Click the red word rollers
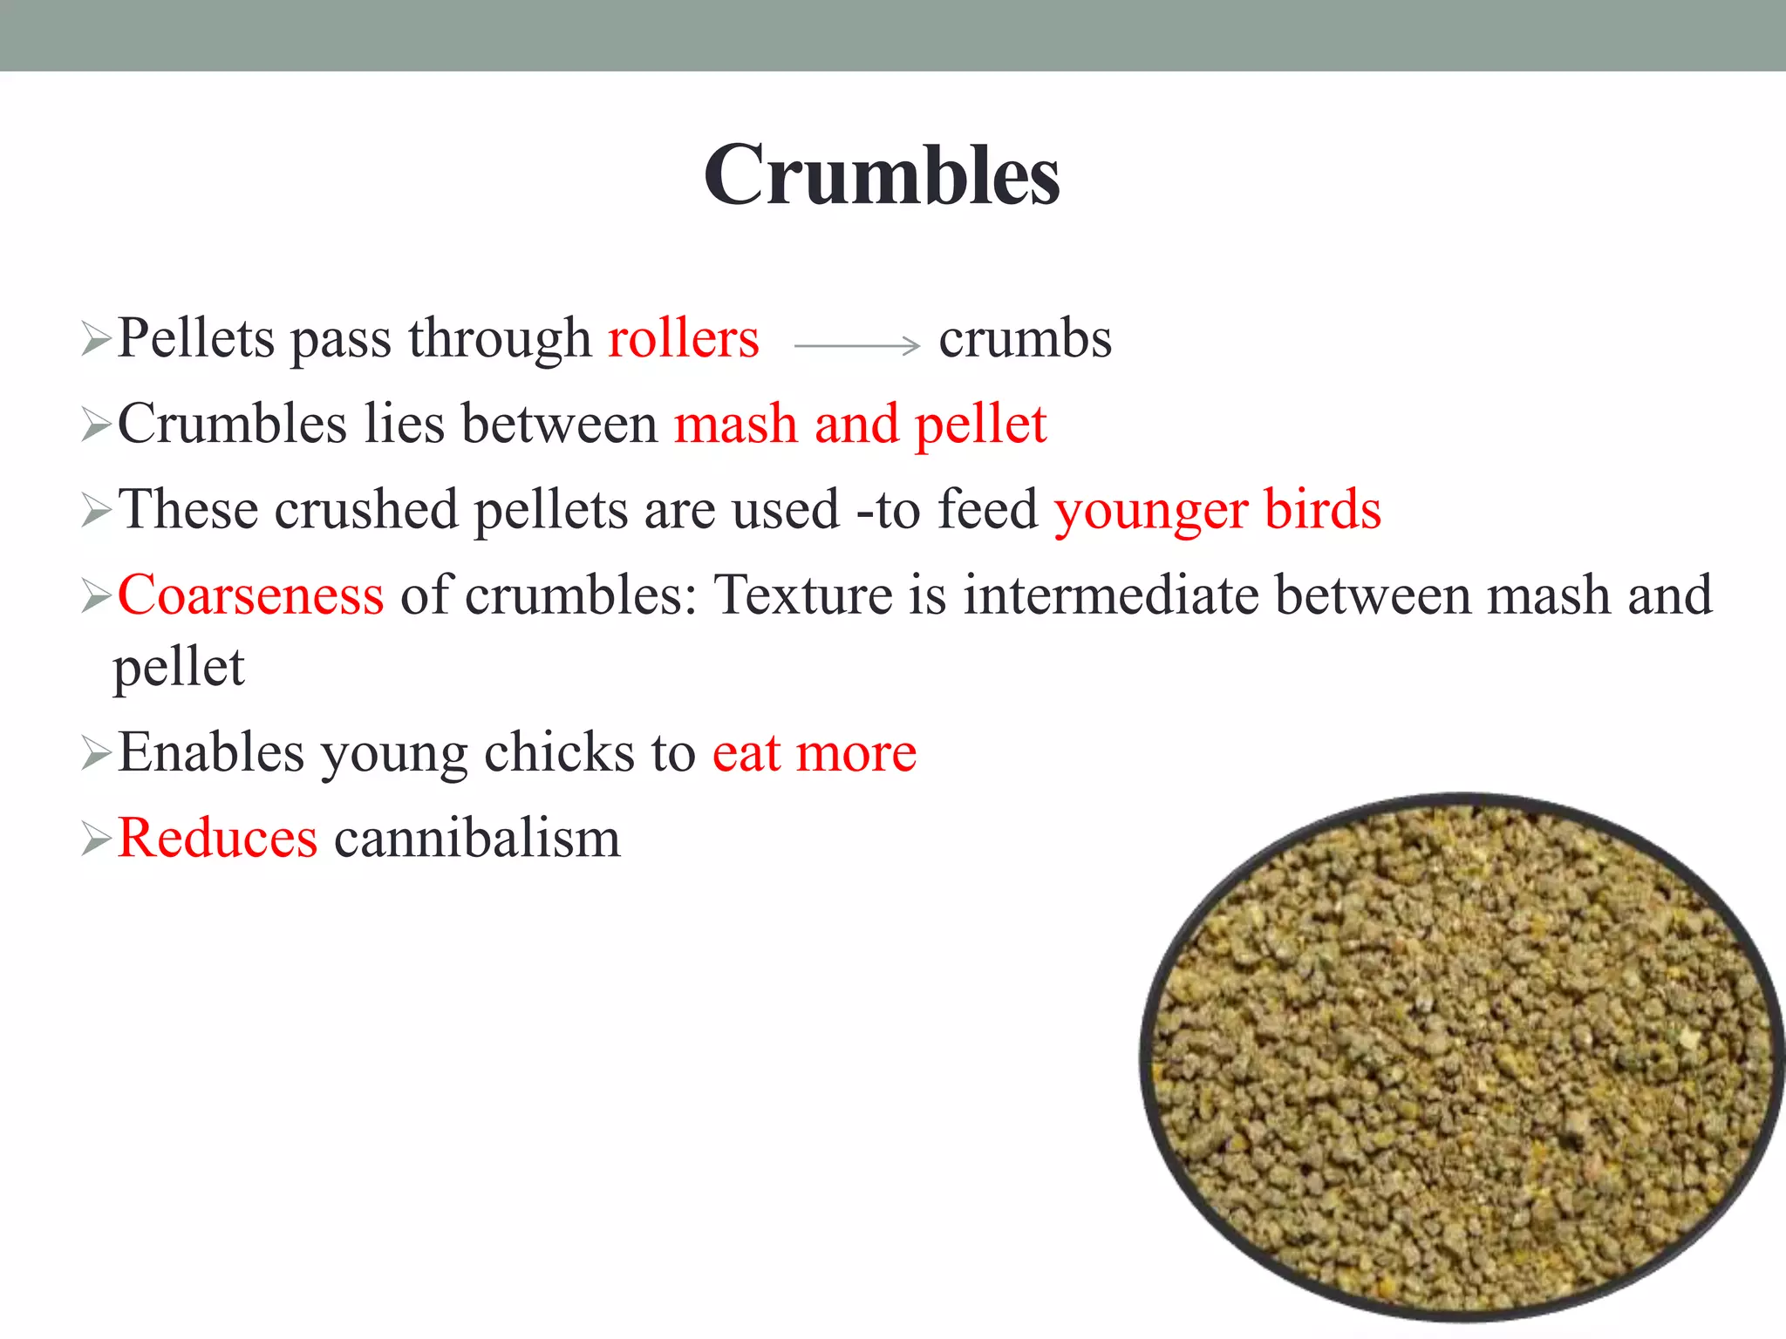pyautogui.click(x=683, y=338)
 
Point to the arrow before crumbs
pyautogui.click(x=856, y=346)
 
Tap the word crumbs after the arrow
pyautogui.click(x=1025, y=338)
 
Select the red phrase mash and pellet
pyautogui.click(x=860, y=425)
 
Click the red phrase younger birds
pyautogui.click(x=1217, y=510)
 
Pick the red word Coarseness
pyautogui.click(x=250, y=595)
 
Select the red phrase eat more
pyautogui.click(x=815, y=752)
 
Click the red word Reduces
pyautogui.click(x=217, y=838)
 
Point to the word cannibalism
pyautogui.click(x=477, y=838)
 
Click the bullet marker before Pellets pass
pyautogui.click(x=95, y=339)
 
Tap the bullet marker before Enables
pyautogui.click(x=95, y=753)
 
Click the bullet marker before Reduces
pyautogui.click(x=95, y=839)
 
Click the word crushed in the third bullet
pyautogui.click(x=366, y=510)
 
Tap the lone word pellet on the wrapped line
pyautogui.click(x=179, y=668)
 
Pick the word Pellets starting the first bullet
pyautogui.click(x=196, y=338)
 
